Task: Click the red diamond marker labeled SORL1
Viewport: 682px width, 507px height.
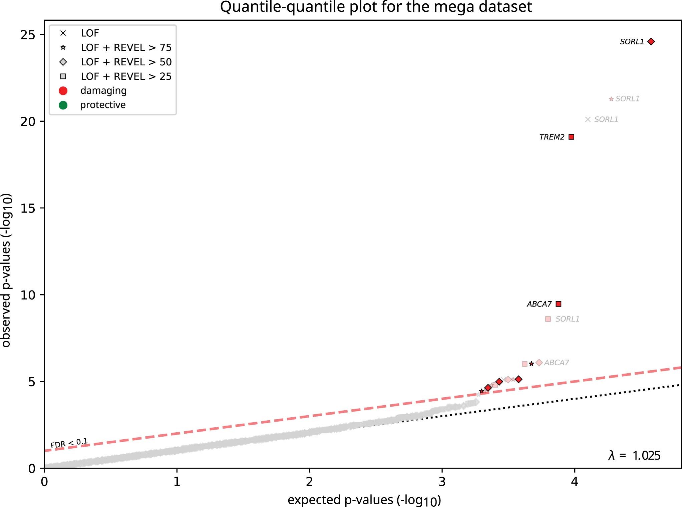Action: click(x=651, y=42)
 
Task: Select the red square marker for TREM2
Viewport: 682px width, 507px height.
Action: click(x=571, y=137)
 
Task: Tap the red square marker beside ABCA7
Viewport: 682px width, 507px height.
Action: click(x=559, y=304)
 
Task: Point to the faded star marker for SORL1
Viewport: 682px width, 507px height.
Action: click(x=611, y=99)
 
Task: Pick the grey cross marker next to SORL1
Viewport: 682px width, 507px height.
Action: click(x=588, y=119)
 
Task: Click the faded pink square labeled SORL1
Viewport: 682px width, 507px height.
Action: click(x=548, y=319)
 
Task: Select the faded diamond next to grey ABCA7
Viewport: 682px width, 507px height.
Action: click(x=539, y=363)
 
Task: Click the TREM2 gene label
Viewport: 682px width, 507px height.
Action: click(x=552, y=137)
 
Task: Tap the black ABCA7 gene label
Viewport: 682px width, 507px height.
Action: click(x=539, y=304)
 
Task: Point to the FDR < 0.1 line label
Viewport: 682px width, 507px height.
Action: click(x=69, y=443)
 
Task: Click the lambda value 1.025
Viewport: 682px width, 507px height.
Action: click(x=646, y=456)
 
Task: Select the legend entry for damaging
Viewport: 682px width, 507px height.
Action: click(x=103, y=91)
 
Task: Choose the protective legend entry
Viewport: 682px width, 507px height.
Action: click(x=103, y=105)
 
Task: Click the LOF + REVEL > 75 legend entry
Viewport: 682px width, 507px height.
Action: click(x=126, y=48)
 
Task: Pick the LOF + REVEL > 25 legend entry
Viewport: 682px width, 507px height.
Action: click(x=126, y=76)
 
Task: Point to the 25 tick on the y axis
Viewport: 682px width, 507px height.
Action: click(x=28, y=35)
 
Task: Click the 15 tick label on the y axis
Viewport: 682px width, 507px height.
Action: click(x=28, y=208)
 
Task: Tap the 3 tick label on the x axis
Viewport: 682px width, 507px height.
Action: click(x=442, y=482)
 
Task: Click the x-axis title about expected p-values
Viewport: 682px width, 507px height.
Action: click(x=364, y=500)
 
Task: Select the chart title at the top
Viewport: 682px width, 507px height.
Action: click(x=376, y=7)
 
